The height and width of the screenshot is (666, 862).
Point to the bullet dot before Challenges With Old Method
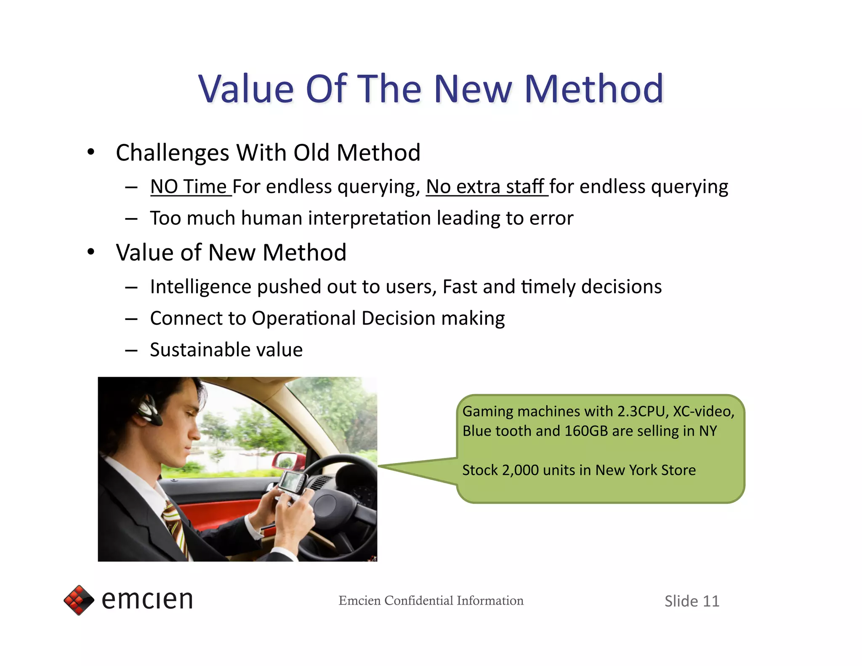[91, 152]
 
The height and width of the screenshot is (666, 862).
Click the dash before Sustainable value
[131, 350]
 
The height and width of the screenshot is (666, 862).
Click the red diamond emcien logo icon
[79, 600]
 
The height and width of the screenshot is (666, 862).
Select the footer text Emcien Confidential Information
[431, 600]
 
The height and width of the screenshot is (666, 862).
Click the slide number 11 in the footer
[711, 601]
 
